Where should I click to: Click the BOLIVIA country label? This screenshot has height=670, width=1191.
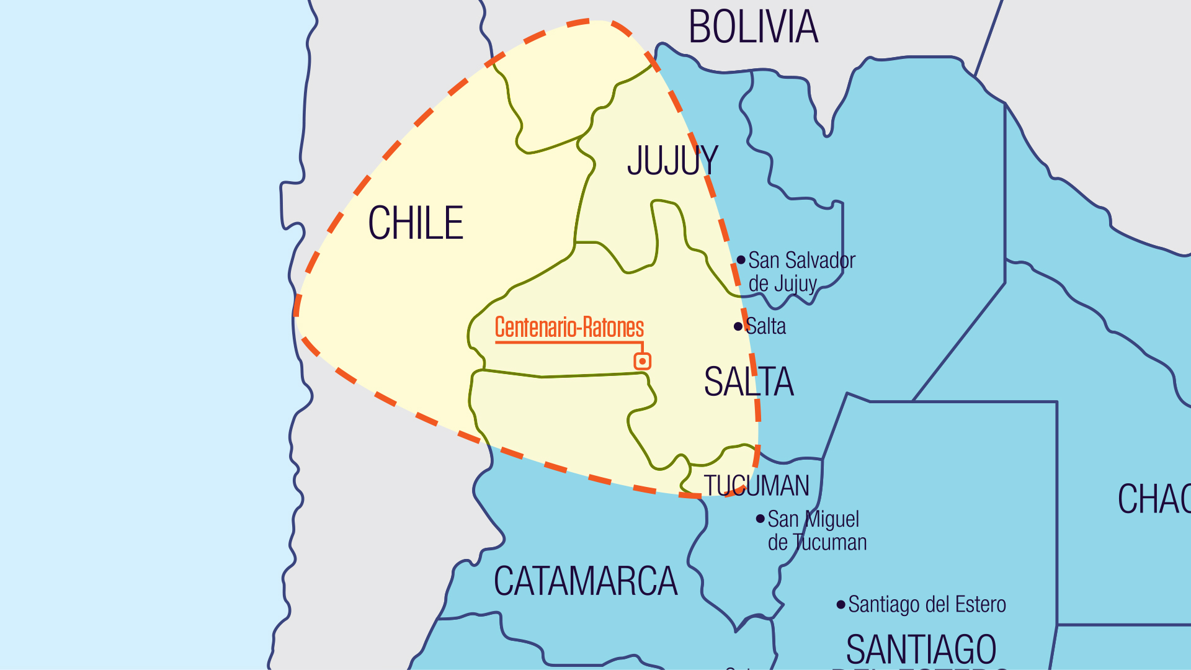[753, 27]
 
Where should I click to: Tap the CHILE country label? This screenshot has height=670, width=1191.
[416, 223]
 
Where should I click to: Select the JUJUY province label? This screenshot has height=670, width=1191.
[672, 161]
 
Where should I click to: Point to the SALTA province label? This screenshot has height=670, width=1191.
[748, 382]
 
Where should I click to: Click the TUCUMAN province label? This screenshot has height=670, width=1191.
[756, 486]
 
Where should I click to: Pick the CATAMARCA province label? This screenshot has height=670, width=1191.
[586, 582]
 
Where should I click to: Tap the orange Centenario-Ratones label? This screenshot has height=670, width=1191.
[569, 327]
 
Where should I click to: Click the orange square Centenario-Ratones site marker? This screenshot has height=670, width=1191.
[643, 361]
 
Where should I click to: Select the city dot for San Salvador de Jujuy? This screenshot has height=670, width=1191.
[741, 260]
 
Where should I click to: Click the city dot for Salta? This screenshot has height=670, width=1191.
[738, 326]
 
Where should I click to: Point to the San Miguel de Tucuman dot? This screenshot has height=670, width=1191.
[760, 519]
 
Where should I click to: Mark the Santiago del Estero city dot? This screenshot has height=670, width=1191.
[841, 604]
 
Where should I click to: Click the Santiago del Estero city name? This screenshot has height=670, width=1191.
[927, 604]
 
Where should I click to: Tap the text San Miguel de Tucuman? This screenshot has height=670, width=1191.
[816, 531]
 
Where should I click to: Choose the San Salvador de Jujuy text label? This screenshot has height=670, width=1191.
[801, 272]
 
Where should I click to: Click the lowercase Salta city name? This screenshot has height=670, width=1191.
[767, 326]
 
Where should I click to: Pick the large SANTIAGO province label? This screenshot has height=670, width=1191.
[921, 649]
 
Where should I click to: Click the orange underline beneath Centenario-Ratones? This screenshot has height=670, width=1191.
[568, 342]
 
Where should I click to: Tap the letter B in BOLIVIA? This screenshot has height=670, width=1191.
[699, 27]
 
